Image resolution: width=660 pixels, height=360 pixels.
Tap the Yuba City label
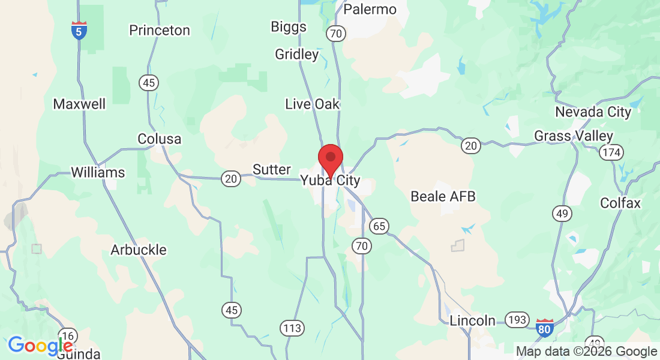331,180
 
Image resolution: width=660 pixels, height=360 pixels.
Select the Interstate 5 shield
79,31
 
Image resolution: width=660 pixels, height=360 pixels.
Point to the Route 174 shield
610,153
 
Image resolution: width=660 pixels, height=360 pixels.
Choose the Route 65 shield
379,226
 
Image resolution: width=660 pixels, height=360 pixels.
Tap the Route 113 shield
292,328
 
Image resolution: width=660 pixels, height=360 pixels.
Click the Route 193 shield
516,320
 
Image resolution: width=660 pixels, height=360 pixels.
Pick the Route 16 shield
68,336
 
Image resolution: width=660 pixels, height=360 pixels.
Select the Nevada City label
593,112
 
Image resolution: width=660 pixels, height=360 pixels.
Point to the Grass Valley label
574,136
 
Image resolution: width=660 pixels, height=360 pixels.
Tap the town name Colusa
159,139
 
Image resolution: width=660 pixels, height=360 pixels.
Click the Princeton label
160,30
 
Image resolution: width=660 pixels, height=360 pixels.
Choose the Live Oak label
312,104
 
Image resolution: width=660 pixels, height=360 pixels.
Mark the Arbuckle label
138,250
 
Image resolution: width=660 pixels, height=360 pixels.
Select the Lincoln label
473,320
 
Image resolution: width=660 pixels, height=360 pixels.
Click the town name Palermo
370,9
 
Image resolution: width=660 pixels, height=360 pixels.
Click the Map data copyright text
586,352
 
